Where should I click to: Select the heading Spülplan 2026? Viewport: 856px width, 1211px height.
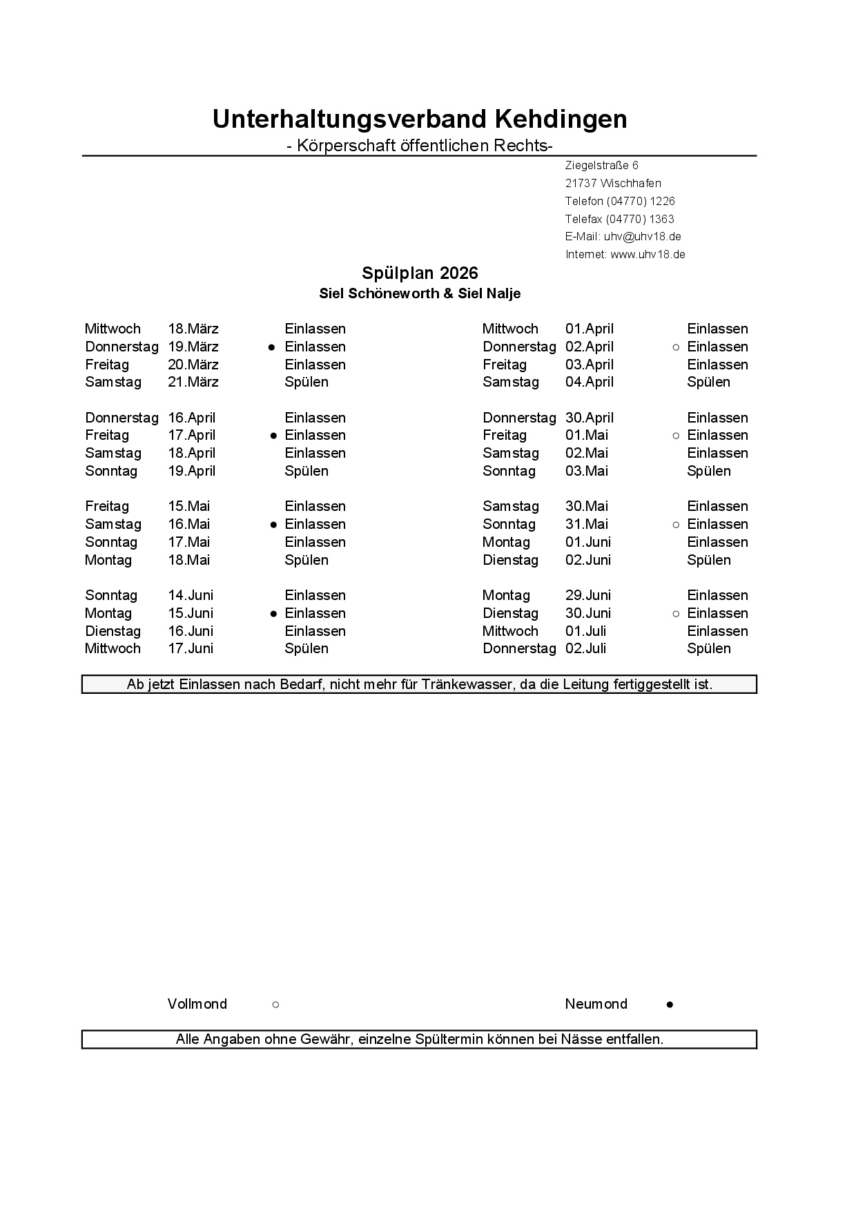tap(420, 273)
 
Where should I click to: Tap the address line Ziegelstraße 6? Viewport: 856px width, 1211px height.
tap(601, 166)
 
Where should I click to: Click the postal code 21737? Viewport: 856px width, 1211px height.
tap(581, 184)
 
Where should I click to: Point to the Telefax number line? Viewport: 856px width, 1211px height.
tap(619, 220)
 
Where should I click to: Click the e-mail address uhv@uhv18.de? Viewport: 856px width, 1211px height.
tap(642, 237)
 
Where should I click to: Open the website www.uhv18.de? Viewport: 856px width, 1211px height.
tap(648, 255)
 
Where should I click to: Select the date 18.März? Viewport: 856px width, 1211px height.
tap(193, 329)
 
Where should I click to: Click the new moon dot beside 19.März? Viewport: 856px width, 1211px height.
tap(272, 347)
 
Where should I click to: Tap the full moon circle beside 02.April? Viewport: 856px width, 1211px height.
tap(676, 347)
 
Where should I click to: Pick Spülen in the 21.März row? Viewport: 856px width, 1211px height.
tap(307, 382)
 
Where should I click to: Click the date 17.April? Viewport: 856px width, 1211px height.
tap(192, 436)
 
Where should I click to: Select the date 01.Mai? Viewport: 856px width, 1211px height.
tap(587, 436)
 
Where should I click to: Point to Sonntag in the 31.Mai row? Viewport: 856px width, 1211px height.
tap(509, 525)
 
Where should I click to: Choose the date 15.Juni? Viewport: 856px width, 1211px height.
tap(191, 614)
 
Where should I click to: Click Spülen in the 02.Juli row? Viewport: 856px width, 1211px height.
tap(708, 649)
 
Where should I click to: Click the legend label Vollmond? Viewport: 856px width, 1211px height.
tap(197, 1005)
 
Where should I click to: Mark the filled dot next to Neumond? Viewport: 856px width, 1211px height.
tap(670, 1005)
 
